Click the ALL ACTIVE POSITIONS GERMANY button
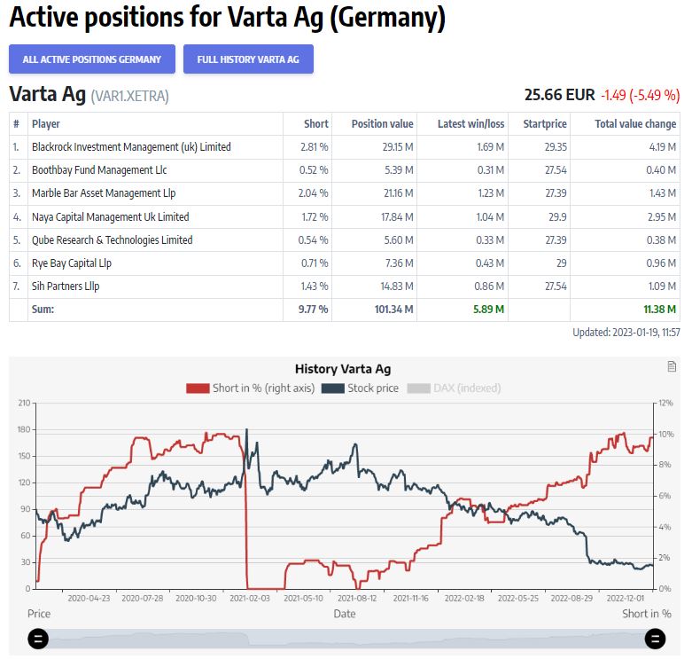(x=92, y=59)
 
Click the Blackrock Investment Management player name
(x=131, y=147)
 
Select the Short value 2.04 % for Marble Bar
(x=314, y=193)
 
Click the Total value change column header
(x=635, y=124)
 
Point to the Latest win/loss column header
(x=470, y=124)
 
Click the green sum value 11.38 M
(x=660, y=310)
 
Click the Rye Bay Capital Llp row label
(x=71, y=263)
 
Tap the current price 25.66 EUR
(x=560, y=95)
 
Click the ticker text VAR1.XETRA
(x=129, y=96)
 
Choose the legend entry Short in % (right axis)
(x=251, y=388)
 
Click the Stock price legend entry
(x=361, y=388)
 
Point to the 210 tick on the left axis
(x=23, y=404)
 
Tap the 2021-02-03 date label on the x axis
(x=249, y=598)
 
